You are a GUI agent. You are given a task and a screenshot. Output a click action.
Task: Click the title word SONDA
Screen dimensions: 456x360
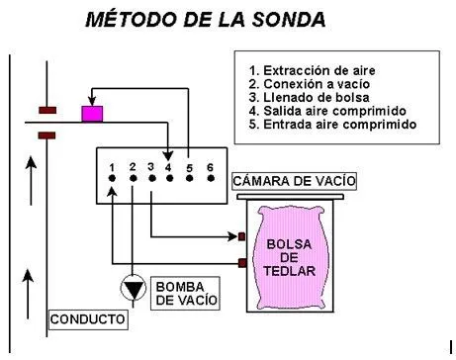click(289, 20)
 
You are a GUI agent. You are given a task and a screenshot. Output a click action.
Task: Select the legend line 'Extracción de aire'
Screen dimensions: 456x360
click(312, 70)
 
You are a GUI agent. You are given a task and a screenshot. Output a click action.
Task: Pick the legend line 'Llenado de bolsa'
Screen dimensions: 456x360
click(309, 97)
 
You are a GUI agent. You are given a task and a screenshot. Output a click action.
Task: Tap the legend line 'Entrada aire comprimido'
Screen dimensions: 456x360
click(332, 125)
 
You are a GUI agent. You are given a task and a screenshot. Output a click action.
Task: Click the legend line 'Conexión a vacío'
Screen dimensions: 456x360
click(310, 84)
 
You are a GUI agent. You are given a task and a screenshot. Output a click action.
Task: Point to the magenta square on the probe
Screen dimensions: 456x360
click(92, 114)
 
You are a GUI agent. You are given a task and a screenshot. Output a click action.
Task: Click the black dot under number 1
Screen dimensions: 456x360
click(112, 178)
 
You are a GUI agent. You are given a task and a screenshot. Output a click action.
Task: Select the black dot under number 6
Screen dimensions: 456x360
click(211, 178)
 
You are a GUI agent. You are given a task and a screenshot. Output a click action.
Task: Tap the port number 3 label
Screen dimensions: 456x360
click(151, 167)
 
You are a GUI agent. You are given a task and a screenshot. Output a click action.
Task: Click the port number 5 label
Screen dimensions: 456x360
click(189, 168)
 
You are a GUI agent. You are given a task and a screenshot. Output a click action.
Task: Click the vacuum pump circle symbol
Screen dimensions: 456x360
click(134, 289)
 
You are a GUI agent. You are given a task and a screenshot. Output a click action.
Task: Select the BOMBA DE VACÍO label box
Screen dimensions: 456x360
click(185, 293)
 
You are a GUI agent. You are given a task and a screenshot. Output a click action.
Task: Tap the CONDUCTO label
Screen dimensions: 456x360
click(88, 319)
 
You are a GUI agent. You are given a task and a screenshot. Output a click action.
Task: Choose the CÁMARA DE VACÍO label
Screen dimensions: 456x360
click(294, 181)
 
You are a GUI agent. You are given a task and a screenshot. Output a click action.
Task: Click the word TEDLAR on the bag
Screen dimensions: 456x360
click(290, 271)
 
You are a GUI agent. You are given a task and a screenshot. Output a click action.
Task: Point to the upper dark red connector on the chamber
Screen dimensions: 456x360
click(241, 236)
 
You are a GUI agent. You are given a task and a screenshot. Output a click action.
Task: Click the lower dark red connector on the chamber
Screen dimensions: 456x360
click(242, 263)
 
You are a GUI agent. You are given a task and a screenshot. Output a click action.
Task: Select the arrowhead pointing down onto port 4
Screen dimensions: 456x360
click(168, 156)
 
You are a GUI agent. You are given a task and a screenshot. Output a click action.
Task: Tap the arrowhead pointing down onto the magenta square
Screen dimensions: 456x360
click(92, 101)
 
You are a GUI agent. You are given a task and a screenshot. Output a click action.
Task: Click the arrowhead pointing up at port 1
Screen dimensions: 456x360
click(113, 192)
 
